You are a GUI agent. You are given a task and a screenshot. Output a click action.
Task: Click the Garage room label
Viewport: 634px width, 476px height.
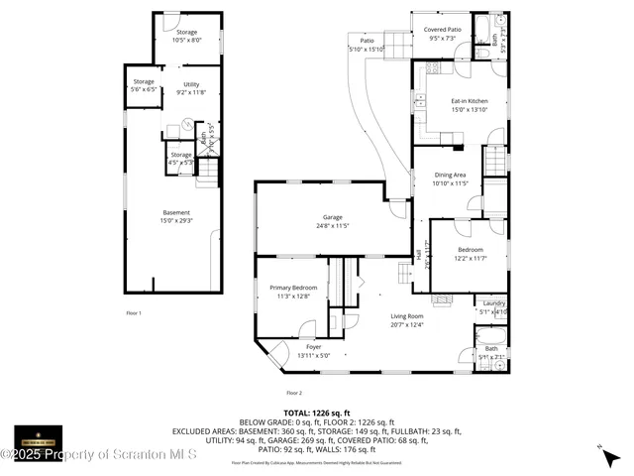click(x=331, y=220)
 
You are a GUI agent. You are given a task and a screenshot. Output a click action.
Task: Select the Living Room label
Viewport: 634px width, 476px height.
click(x=406, y=320)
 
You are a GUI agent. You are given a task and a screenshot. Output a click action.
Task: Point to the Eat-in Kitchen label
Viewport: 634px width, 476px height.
click(x=470, y=105)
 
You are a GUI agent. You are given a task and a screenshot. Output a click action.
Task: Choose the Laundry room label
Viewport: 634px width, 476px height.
click(x=493, y=307)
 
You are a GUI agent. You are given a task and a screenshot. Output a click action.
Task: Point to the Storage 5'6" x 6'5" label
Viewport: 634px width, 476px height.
click(x=144, y=85)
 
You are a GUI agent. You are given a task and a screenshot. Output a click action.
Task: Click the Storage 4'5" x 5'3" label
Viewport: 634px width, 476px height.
click(x=180, y=159)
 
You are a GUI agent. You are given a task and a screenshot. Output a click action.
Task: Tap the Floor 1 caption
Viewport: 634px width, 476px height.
click(x=134, y=313)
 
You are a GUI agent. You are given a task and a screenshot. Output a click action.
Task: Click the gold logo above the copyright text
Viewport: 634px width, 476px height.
click(x=38, y=437)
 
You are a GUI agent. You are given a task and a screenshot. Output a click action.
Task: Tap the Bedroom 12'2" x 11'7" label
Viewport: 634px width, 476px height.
click(x=470, y=253)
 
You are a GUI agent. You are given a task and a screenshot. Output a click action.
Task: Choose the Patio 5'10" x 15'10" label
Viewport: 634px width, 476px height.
click(x=367, y=45)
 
